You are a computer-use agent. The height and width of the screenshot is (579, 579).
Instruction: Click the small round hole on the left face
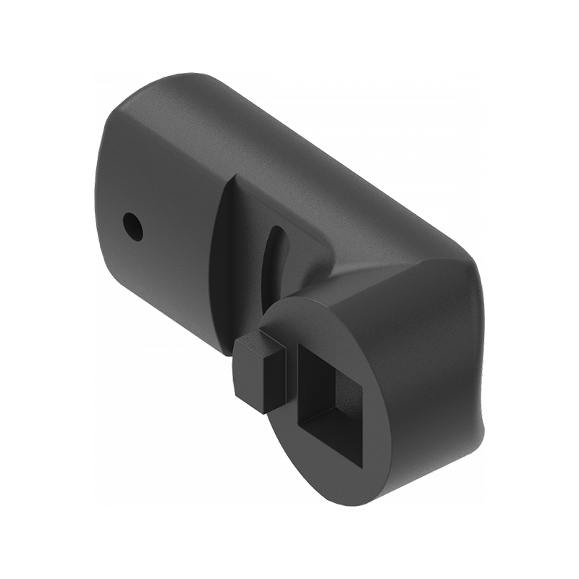[x=132, y=226]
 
